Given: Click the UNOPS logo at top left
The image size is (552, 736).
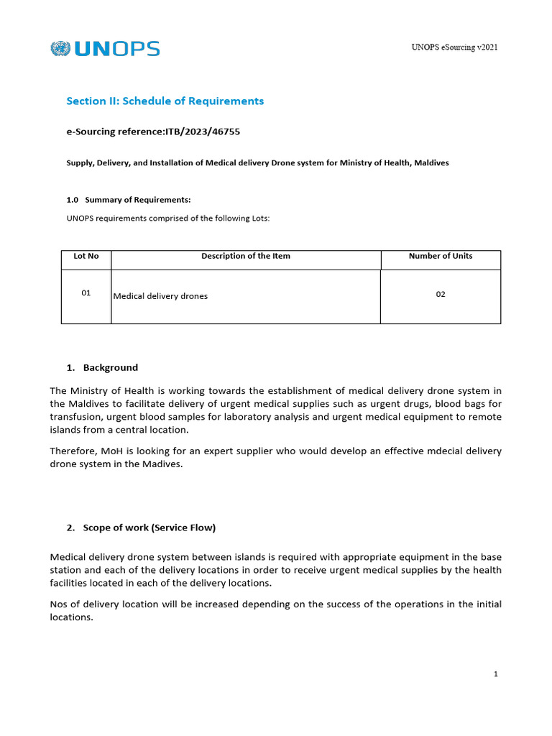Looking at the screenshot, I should (x=105, y=49).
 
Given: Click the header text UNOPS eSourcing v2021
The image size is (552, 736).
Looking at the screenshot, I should (x=454, y=47).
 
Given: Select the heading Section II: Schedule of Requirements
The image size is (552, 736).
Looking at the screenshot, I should (x=165, y=101).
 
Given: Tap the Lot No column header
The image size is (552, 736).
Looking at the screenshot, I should (x=86, y=256).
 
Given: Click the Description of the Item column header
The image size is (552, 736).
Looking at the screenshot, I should (x=246, y=256).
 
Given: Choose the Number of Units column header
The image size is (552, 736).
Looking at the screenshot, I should (x=441, y=256).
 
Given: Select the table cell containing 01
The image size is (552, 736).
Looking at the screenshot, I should (x=86, y=293).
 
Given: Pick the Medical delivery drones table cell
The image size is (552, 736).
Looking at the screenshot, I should (x=160, y=296).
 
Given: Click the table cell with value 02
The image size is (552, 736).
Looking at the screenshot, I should (x=441, y=294).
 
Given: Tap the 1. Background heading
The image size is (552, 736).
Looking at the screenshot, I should (x=102, y=367).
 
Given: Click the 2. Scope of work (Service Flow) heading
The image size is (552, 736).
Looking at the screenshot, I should (x=141, y=528).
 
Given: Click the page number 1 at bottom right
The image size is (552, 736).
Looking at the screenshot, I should (x=496, y=674).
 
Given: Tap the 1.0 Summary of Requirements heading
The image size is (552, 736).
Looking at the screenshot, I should (x=129, y=200).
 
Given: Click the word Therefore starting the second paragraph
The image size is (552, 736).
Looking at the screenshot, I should (x=74, y=451).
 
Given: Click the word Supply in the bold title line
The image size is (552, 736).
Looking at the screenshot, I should (x=80, y=163).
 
